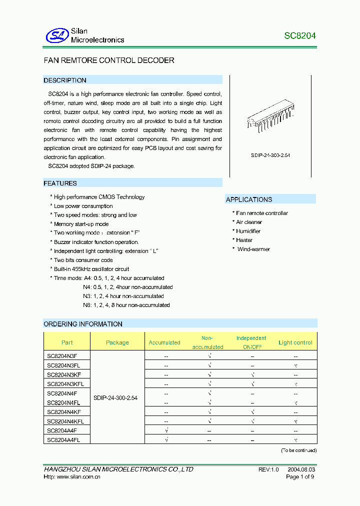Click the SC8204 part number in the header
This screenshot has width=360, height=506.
(x=300, y=36)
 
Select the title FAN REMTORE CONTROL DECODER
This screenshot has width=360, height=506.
(x=109, y=60)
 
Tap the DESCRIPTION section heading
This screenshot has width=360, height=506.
(x=65, y=80)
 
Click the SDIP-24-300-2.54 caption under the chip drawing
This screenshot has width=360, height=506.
(x=270, y=155)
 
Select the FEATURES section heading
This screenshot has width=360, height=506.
(x=60, y=183)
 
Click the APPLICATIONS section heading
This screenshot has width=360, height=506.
(x=249, y=199)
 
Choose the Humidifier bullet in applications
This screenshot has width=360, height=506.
(x=248, y=231)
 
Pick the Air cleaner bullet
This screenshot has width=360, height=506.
(x=248, y=222)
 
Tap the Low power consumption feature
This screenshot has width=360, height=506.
(x=83, y=206)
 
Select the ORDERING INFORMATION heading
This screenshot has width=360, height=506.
(x=83, y=324)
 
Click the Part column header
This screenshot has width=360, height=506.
(x=67, y=342)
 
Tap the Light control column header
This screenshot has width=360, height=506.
(x=295, y=342)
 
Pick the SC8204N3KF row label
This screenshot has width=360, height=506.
(x=64, y=374)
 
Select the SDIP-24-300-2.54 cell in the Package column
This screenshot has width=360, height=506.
(x=115, y=398)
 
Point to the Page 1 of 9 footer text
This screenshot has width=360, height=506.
(x=300, y=477)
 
